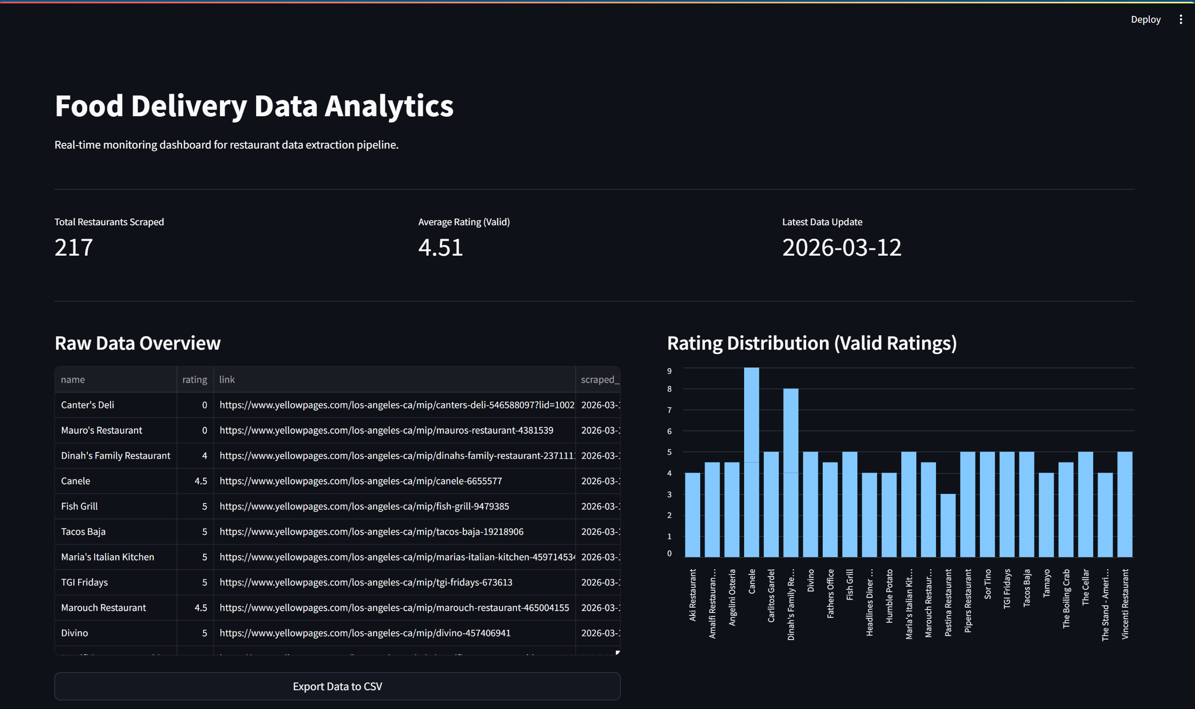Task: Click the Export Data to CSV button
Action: point(337,686)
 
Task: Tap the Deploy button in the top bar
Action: point(1145,19)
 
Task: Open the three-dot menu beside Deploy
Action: point(1181,19)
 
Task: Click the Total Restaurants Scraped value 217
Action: point(74,247)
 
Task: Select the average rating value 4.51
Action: point(440,247)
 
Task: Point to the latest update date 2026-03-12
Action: point(842,247)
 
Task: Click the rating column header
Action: point(194,380)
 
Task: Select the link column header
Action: point(227,380)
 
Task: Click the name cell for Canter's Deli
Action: point(88,405)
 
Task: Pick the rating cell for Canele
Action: point(201,481)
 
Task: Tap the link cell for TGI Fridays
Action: point(366,582)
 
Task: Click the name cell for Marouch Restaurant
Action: point(103,608)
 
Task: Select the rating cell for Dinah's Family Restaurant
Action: point(204,456)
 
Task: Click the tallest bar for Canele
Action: point(751,463)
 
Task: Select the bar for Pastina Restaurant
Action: point(948,526)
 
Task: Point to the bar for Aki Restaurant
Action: point(693,515)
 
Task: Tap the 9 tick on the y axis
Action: point(669,371)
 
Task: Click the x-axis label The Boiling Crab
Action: point(1066,598)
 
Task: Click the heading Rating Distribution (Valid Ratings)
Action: point(812,343)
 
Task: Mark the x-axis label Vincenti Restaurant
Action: point(1125,604)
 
